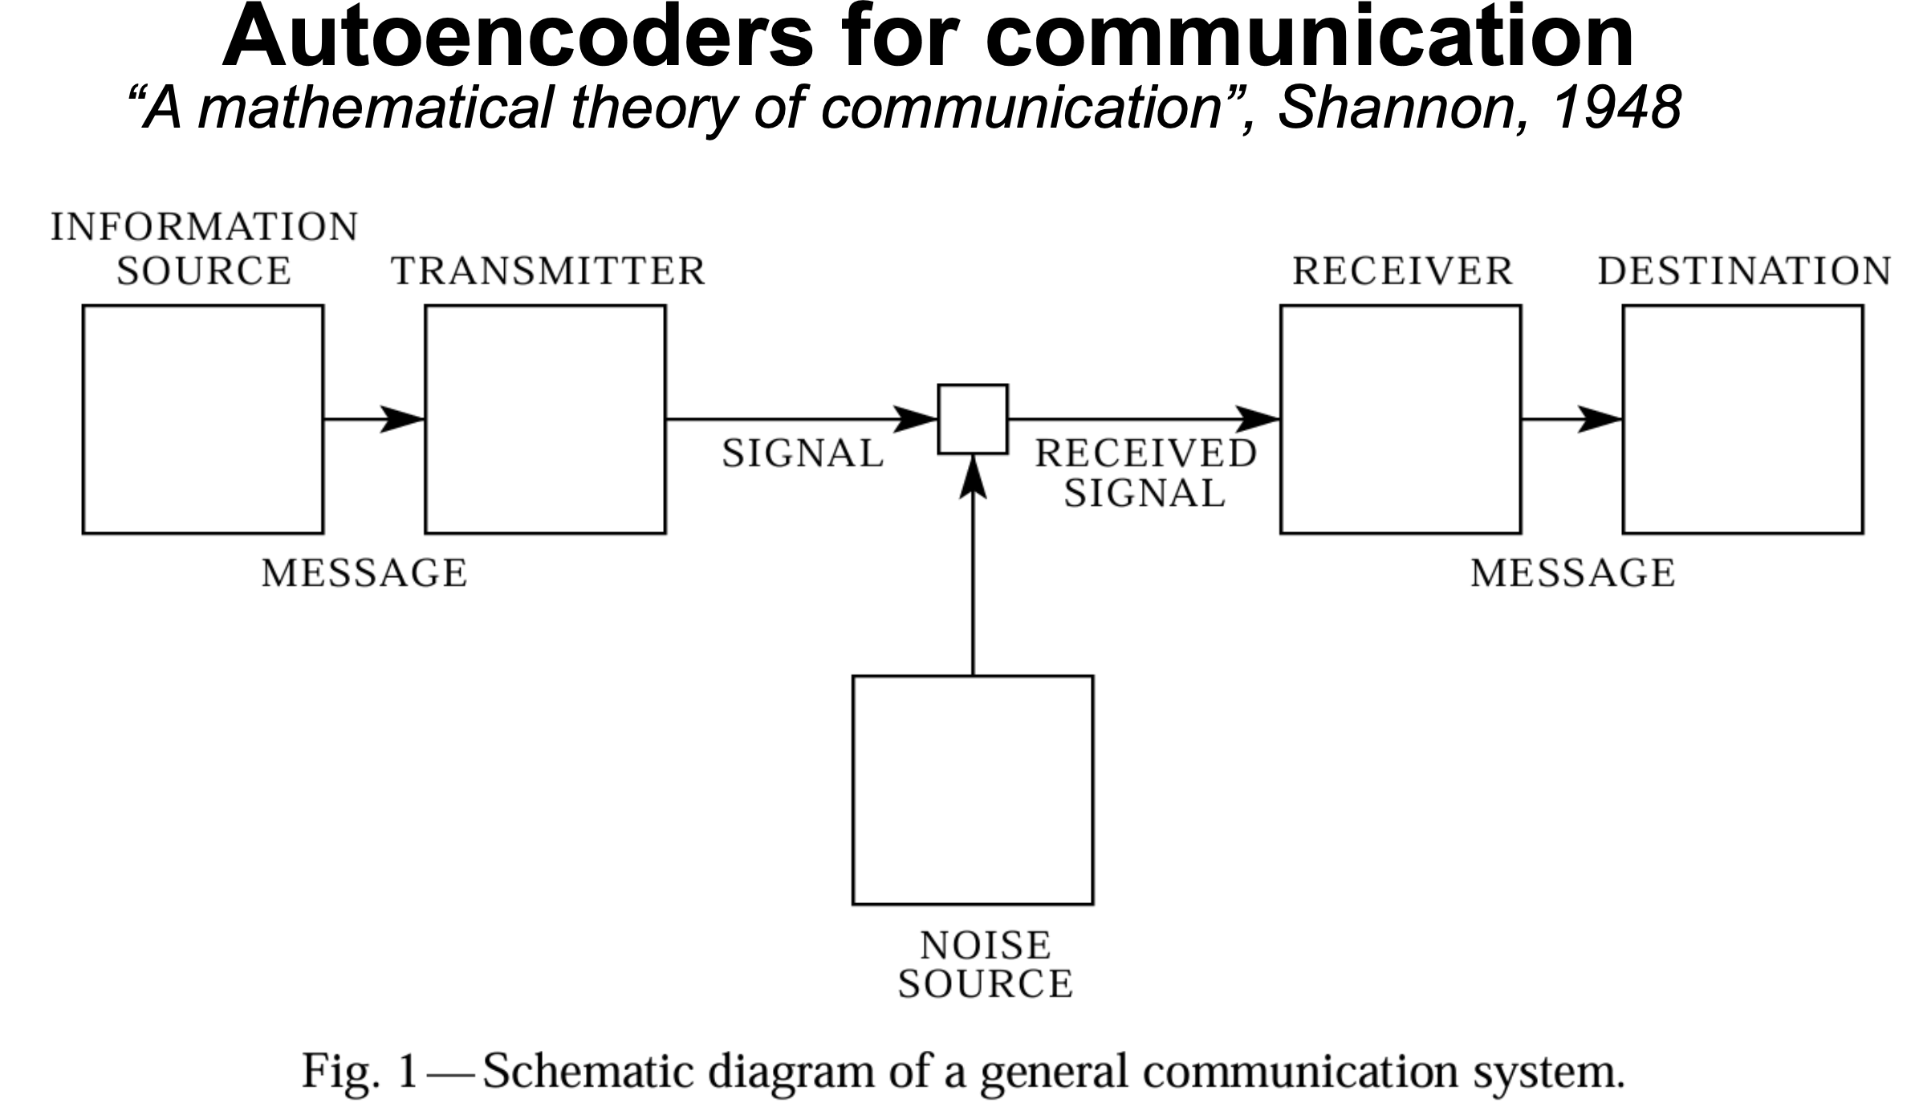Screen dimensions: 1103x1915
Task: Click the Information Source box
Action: tap(203, 418)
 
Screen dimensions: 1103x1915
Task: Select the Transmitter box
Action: tap(545, 418)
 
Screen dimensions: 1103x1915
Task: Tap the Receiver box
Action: tap(1400, 418)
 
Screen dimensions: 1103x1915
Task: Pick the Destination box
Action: tap(1742, 418)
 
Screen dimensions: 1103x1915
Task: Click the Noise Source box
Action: tap(972, 790)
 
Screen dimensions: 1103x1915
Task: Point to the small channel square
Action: tap(973, 419)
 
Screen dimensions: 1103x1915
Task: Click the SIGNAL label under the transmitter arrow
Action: tap(803, 454)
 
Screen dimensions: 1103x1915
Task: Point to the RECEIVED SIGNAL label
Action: tap(1145, 473)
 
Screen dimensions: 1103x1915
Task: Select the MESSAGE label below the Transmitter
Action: tap(364, 573)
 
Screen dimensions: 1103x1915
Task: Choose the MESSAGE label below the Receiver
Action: tap(1572, 573)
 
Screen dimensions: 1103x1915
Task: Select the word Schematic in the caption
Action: tap(596, 1071)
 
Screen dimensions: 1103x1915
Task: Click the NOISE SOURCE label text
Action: tap(985, 964)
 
